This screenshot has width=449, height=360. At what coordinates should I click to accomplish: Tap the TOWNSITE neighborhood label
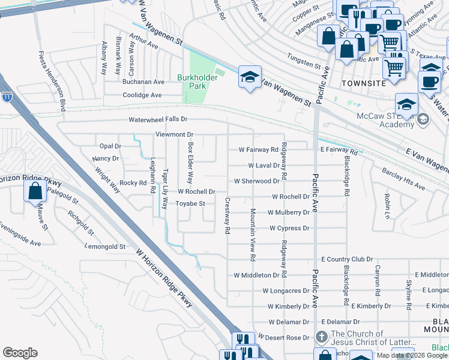(x=364, y=83)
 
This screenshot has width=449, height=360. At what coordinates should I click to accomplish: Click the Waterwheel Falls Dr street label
(x=158, y=120)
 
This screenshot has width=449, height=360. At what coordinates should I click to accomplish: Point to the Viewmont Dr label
(x=174, y=134)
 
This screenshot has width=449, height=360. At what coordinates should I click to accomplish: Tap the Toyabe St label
(x=190, y=203)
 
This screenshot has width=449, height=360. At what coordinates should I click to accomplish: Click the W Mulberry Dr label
(x=288, y=212)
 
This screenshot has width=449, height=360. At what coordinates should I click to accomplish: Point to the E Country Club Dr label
(x=347, y=259)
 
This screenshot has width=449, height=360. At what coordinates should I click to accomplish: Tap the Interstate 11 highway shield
(x=7, y=96)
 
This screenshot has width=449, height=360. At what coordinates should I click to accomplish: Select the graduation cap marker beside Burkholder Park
(x=250, y=77)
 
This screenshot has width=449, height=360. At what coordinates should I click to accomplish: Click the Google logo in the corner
(x=20, y=353)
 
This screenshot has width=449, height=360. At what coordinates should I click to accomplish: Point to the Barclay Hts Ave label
(x=403, y=179)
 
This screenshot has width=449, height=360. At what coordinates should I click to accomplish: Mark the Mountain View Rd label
(x=253, y=234)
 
